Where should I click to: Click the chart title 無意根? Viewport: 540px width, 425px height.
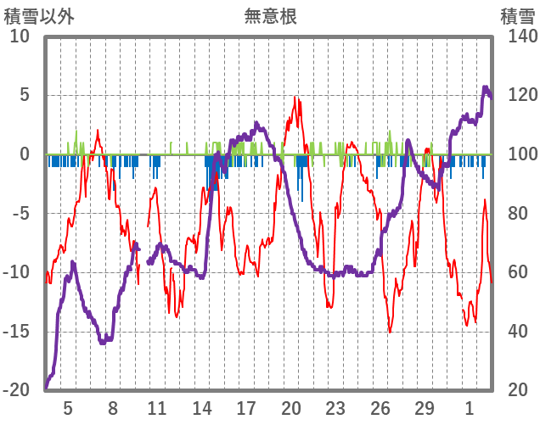270,16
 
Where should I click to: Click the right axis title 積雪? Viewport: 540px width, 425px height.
518,16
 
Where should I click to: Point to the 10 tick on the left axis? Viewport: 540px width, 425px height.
20,36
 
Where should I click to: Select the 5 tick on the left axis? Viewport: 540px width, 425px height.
25,95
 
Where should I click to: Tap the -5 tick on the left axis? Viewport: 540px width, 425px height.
21,213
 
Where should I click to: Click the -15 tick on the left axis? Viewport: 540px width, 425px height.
18,331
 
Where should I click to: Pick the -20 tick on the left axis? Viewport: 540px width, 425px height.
18,390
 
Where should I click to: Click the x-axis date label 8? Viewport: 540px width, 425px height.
113,407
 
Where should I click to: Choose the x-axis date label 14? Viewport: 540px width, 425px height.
202,407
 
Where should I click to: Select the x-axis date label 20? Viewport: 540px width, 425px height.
291,407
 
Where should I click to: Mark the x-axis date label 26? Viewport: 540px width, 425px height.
380,407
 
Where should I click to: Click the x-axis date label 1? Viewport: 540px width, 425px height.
470,407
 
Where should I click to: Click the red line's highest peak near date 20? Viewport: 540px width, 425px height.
295,98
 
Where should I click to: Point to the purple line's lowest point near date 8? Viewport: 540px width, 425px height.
103,343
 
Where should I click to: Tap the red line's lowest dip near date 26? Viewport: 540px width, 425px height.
390,332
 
